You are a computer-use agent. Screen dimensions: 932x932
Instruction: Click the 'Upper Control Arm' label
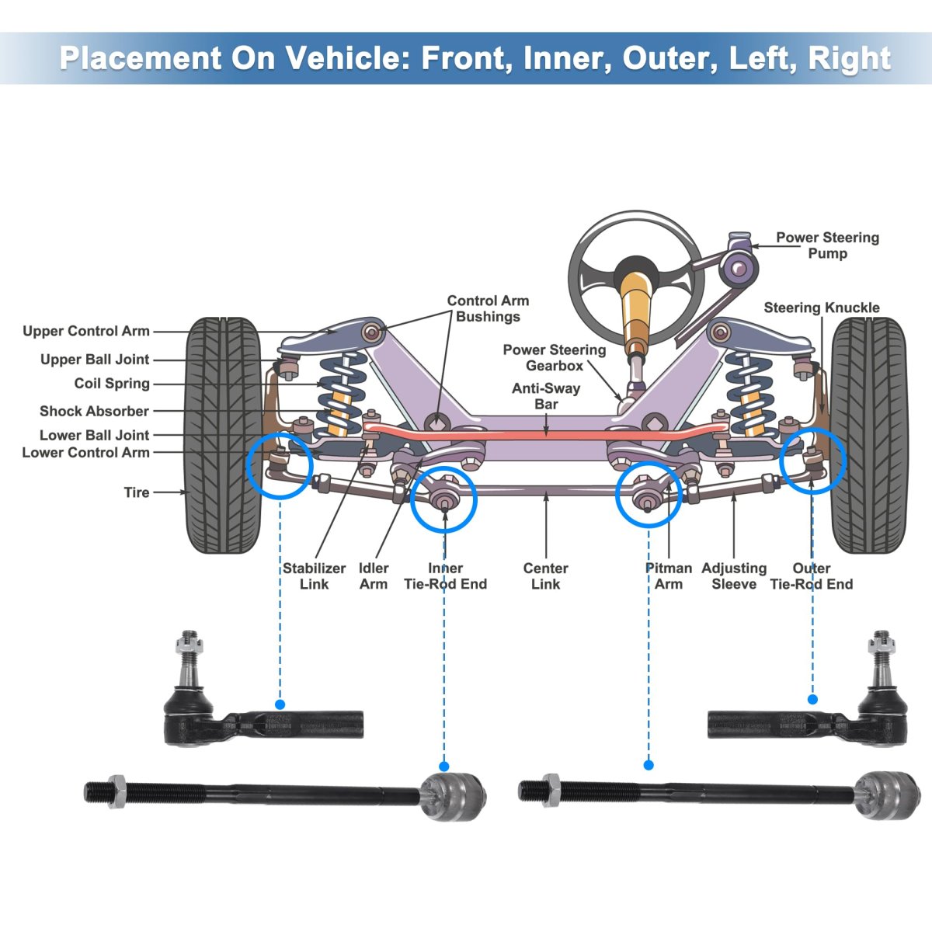click(x=85, y=332)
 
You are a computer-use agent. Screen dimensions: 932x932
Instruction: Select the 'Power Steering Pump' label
click(x=827, y=245)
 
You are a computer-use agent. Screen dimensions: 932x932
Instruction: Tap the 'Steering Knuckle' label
click(x=821, y=308)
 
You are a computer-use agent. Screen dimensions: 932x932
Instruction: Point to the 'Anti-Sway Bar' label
click(x=546, y=396)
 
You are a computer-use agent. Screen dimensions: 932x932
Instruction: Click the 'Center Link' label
click(x=545, y=576)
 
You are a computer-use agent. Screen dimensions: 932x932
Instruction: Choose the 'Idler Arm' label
click(x=374, y=576)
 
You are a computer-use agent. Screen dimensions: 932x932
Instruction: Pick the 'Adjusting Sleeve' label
click(x=733, y=576)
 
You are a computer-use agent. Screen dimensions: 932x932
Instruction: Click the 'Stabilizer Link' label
click(x=314, y=576)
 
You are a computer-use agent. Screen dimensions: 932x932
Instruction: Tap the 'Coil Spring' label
click(x=112, y=384)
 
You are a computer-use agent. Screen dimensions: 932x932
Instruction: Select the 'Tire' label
click(x=137, y=492)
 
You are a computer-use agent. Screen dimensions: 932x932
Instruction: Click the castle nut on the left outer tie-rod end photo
click(x=187, y=642)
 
